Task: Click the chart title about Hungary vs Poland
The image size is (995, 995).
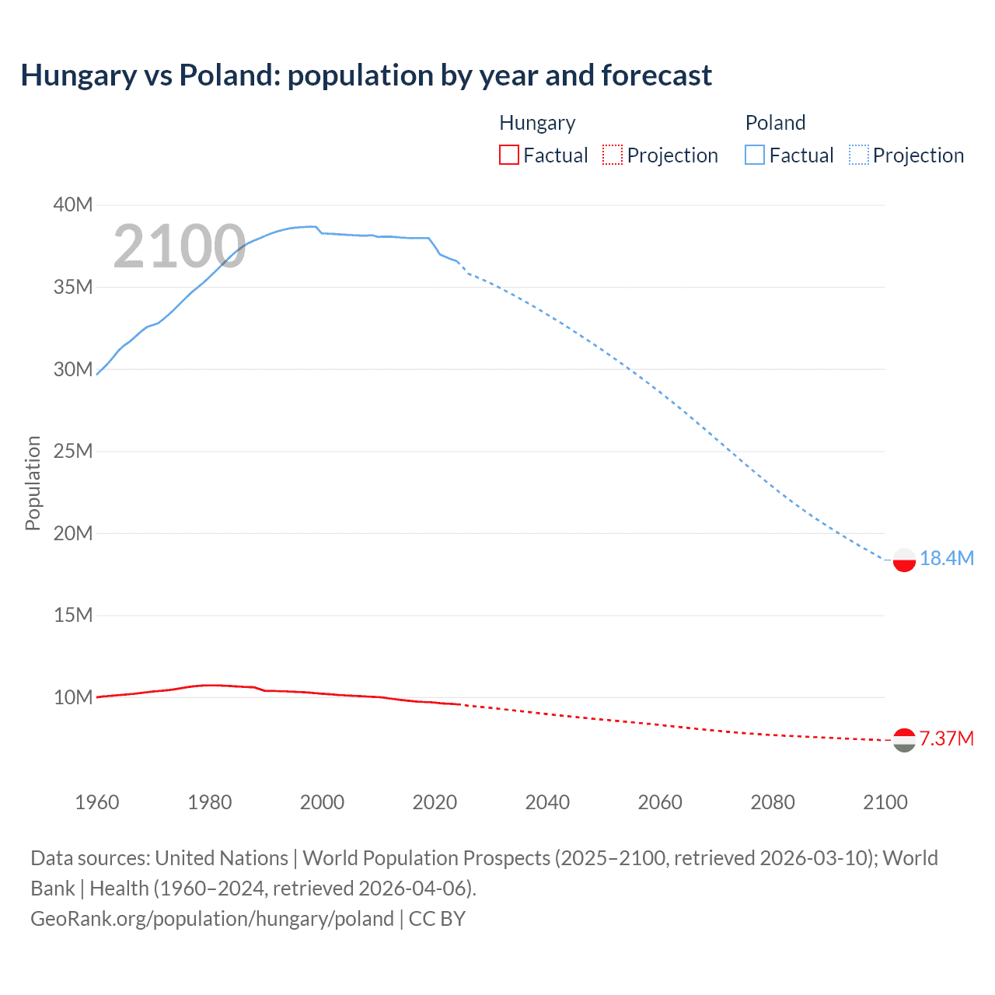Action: click(x=366, y=75)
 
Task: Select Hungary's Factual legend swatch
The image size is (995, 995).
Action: click(x=508, y=155)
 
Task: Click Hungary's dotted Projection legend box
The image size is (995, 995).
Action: click(x=613, y=155)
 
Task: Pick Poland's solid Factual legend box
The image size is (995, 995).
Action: click(x=755, y=155)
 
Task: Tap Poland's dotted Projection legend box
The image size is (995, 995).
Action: click(x=859, y=155)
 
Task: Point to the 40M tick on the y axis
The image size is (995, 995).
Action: click(x=73, y=204)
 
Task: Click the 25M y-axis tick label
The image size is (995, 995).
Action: click(x=73, y=451)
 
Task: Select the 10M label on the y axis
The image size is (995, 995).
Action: click(x=73, y=697)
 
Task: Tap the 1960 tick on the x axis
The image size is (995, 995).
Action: click(x=97, y=802)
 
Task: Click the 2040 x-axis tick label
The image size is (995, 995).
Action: click(x=547, y=802)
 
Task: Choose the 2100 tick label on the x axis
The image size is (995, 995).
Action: click(x=885, y=802)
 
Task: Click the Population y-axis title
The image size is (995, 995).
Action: click(x=33, y=483)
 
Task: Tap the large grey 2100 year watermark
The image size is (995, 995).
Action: click(x=180, y=247)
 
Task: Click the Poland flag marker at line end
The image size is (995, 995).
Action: click(x=904, y=560)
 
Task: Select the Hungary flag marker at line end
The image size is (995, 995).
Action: click(x=904, y=740)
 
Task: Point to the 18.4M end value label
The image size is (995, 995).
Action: click(x=947, y=558)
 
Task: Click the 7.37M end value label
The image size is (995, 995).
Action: click(x=947, y=738)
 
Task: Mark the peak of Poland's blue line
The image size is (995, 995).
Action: click(x=312, y=226)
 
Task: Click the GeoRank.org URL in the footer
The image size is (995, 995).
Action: click(x=212, y=919)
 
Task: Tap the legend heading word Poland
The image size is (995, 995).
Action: click(x=775, y=123)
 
